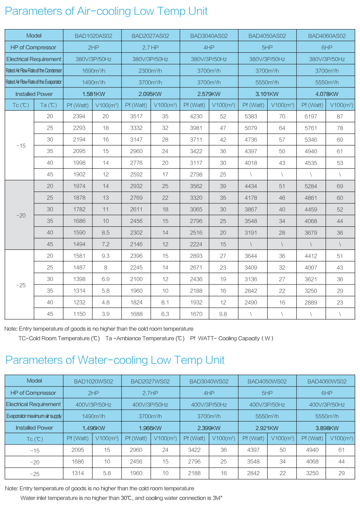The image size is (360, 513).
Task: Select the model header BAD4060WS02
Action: (x=326, y=381)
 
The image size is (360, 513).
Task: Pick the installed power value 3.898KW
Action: (x=326, y=428)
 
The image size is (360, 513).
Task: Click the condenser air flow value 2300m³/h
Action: (x=150, y=71)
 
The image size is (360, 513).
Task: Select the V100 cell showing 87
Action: (x=340, y=116)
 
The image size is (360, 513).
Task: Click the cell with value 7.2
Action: (x=106, y=244)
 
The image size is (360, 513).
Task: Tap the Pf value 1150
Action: (x=79, y=313)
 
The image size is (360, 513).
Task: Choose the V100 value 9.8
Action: (x=223, y=313)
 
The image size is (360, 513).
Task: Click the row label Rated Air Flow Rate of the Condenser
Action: (x=34, y=71)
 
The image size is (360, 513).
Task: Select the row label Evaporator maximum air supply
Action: (x=34, y=416)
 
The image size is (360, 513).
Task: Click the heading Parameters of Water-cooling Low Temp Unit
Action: (x=115, y=360)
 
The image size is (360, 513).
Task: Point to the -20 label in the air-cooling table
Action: (x=20, y=215)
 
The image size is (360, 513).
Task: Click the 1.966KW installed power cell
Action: (x=150, y=428)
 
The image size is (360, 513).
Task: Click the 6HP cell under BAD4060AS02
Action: (x=326, y=47)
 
